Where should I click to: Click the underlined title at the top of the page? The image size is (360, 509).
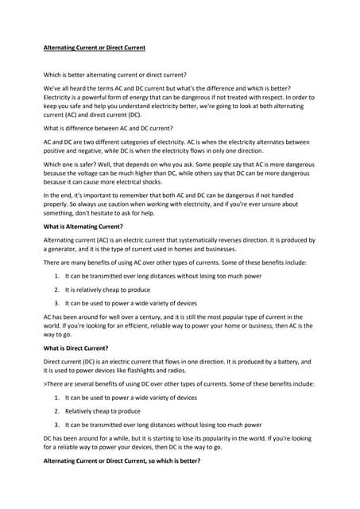coord(94,48)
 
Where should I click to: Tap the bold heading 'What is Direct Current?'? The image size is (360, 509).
coord(75,348)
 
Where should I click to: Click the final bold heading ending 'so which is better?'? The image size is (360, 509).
coord(122,460)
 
